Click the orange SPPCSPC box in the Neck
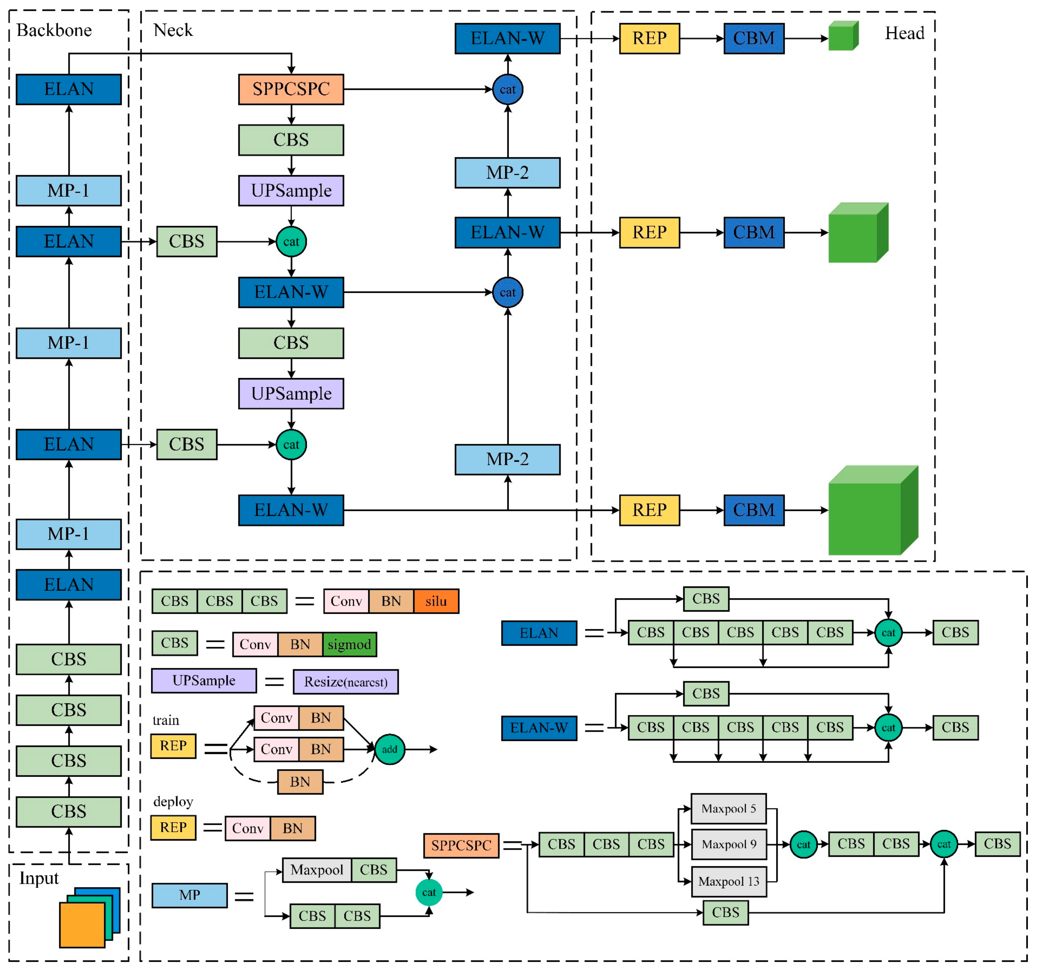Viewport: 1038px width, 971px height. (x=291, y=89)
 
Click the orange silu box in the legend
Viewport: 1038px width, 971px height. (x=436, y=601)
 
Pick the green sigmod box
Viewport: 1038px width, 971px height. (x=349, y=644)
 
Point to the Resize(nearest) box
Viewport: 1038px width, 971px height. (x=346, y=682)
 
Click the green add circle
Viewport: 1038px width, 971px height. (x=390, y=749)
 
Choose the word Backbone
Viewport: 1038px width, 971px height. (x=54, y=30)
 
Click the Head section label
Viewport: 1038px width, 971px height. (x=904, y=33)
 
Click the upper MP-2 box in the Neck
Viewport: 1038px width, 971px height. (x=508, y=173)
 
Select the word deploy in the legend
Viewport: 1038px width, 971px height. (x=173, y=801)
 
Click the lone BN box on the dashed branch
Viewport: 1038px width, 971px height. (x=300, y=781)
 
